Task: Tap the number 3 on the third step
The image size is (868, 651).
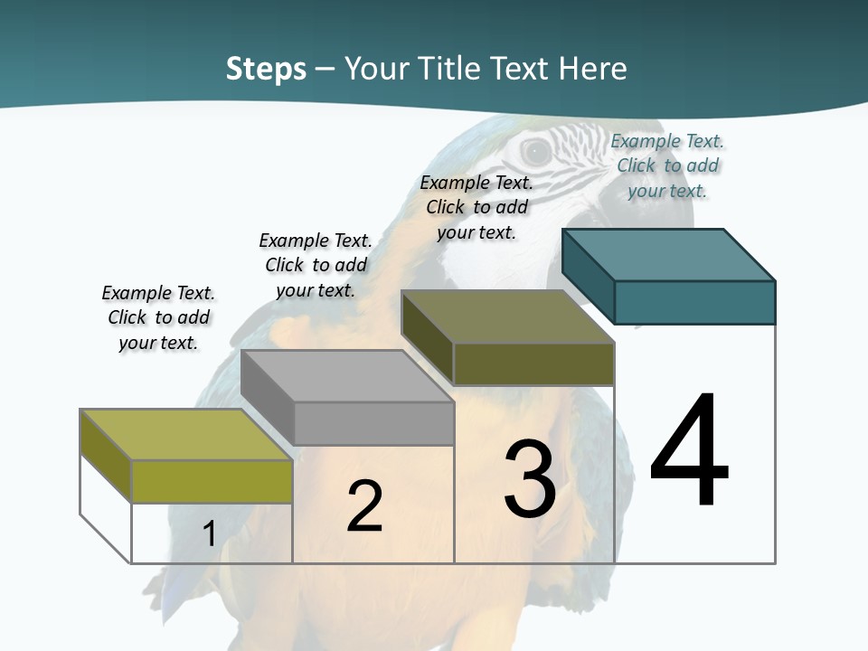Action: coord(530,479)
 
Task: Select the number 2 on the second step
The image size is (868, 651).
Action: coord(364,505)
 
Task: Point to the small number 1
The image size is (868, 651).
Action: coord(209,533)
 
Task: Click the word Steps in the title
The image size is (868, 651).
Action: coord(266,69)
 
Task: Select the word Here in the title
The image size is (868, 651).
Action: coord(592,69)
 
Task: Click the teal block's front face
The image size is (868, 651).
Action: coord(694,302)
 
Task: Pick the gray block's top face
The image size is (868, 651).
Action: coord(347,376)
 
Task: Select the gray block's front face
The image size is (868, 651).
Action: coord(373,423)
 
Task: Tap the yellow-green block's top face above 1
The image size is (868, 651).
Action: coord(186,435)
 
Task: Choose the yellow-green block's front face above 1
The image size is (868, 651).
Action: coord(212,481)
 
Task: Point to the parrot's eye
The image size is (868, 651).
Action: coord(535,152)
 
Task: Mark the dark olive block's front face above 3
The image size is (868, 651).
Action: coord(533,364)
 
